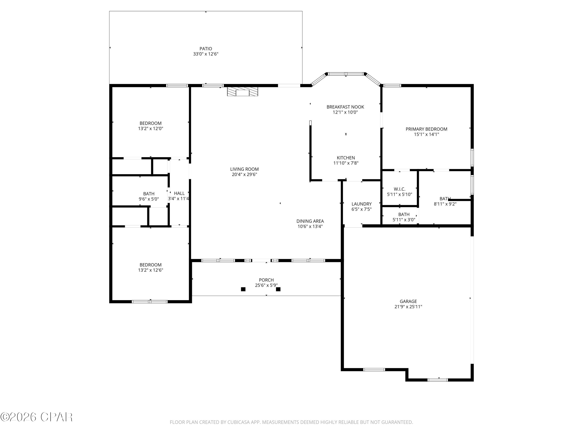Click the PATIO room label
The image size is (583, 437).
206,49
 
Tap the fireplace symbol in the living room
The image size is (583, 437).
243,92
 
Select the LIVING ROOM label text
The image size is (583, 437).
244,169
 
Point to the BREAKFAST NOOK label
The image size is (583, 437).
345,107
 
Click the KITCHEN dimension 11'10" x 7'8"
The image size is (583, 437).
346,163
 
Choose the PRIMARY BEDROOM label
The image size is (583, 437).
426,129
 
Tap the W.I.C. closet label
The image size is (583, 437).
400,189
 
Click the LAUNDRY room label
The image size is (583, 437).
361,204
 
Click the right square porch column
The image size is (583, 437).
278,289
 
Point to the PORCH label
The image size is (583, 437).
266,280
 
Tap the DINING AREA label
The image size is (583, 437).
310,221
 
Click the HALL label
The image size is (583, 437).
179,193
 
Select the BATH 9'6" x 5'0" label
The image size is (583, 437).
149,194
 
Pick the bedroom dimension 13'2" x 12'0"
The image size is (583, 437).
150,129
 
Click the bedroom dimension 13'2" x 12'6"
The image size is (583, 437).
150,270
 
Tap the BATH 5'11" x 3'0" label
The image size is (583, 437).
404,214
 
